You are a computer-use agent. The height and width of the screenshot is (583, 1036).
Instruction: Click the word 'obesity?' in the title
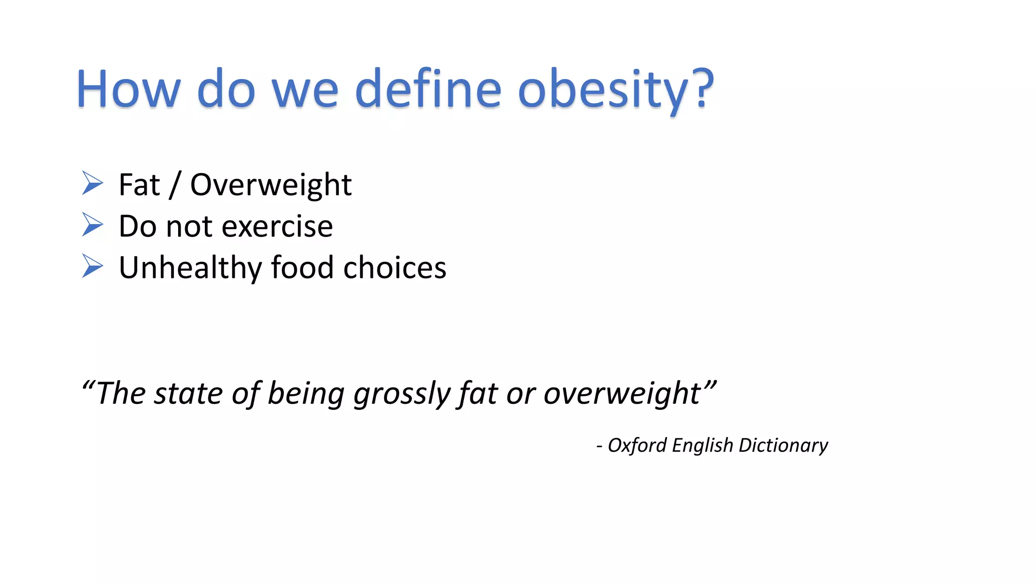click(x=616, y=90)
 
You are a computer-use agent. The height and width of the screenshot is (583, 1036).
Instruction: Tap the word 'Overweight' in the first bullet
click(x=271, y=185)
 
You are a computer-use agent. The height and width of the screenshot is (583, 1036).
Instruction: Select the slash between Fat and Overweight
click(x=175, y=185)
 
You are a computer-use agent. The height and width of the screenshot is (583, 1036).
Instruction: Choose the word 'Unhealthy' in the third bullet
click(x=190, y=268)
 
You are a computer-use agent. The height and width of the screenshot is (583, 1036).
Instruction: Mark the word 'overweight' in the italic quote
click(x=622, y=394)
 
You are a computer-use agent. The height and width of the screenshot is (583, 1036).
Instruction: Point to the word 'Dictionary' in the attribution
click(x=783, y=445)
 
